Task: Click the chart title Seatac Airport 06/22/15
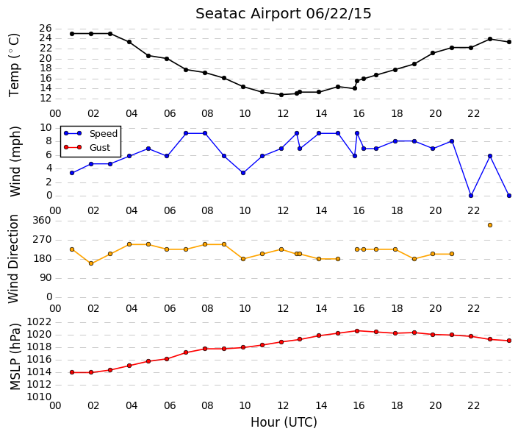click(x=284, y=14)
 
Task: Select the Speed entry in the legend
click(x=104, y=134)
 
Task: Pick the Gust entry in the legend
click(x=100, y=148)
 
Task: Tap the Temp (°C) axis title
click(x=14, y=65)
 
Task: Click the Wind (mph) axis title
click(x=15, y=161)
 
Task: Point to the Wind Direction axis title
click(x=13, y=259)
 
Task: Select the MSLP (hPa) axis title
click(x=15, y=357)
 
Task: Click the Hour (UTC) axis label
click(x=284, y=422)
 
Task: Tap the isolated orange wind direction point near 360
click(x=490, y=225)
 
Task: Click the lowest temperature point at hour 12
click(x=281, y=95)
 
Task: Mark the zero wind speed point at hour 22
click(x=471, y=196)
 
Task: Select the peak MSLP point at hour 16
click(x=357, y=331)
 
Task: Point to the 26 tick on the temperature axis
click(x=46, y=29)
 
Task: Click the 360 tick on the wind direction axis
click(x=43, y=221)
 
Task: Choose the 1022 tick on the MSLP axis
click(x=40, y=322)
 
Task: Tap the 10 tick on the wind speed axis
click(x=46, y=128)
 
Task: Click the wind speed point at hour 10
click(x=243, y=173)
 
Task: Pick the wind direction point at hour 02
click(x=91, y=263)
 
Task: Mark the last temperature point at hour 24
click(x=509, y=42)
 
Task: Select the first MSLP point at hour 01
click(x=72, y=372)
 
